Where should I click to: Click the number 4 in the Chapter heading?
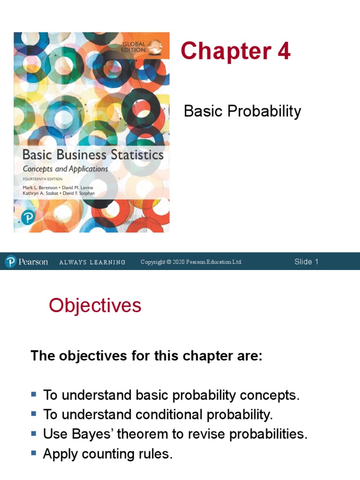(284, 51)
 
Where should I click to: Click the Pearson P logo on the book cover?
(28, 218)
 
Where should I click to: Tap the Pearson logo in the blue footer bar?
(27, 262)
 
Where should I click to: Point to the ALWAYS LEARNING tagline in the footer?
(92, 262)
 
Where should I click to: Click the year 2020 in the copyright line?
(179, 262)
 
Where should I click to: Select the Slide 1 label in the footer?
(306, 262)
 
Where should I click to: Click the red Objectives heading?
(95, 306)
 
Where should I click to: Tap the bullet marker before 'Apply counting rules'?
(34, 453)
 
